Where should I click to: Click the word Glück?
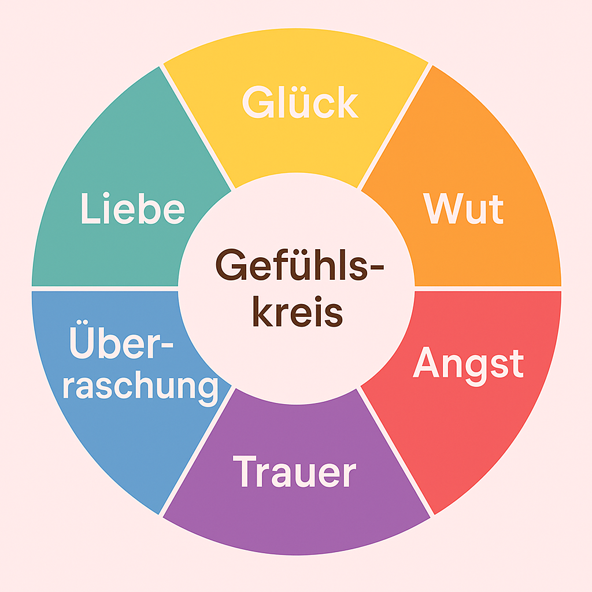pos(300,103)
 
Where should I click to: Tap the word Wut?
pos(463,209)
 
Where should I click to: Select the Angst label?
pos(468,364)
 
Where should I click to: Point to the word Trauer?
pos(294,472)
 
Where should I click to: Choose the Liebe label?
pos(132,209)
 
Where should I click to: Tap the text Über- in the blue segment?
pos(121,344)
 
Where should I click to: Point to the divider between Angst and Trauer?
pos(396,451)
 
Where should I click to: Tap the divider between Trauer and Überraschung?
pos(197,451)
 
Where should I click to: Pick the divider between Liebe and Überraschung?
pos(104,288)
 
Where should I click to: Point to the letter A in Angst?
pos(425,363)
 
